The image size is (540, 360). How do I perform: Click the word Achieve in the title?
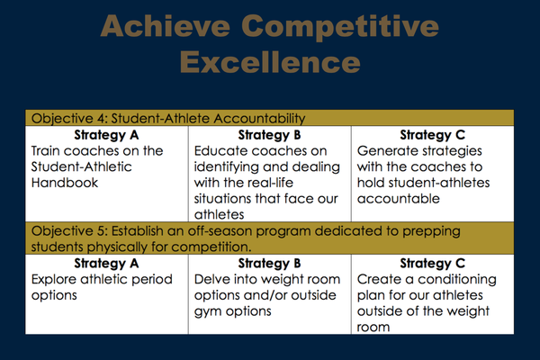tap(166, 26)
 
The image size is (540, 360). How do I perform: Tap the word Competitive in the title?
tap(340, 28)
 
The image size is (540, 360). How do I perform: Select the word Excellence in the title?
tap(270, 62)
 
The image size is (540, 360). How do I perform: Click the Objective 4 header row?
tap(270, 118)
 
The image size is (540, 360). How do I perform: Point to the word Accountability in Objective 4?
tap(259, 119)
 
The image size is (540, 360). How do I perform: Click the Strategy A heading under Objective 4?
tap(106, 135)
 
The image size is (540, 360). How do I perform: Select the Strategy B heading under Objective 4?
tap(269, 135)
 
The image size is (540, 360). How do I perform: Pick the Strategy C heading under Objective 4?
tap(433, 135)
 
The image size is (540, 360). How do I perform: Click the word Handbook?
tap(65, 183)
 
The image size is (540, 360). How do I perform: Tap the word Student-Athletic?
tap(81, 166)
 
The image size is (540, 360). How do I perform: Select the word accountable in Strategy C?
tap(399, 199)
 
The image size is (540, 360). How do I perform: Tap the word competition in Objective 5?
tap(211, 247)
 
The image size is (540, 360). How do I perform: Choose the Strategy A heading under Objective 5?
tap(106, 264)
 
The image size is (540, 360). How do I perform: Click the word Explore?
tap(54, 280)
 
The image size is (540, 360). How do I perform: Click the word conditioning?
tap(457, 280)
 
